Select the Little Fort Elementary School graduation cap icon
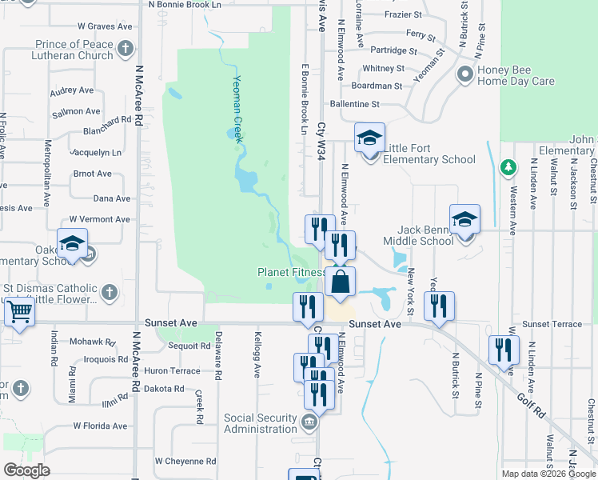point(369,138)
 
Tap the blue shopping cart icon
point(20,312)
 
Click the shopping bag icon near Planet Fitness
point(340,282)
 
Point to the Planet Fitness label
point(291,272)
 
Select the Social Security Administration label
point(261,423)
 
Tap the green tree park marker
point(506,167)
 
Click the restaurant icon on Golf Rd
point(504,350)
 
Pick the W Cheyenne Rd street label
point(185,461)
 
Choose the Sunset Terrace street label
point(552,325)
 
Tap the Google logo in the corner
point(26,470)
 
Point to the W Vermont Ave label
point(99,219)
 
